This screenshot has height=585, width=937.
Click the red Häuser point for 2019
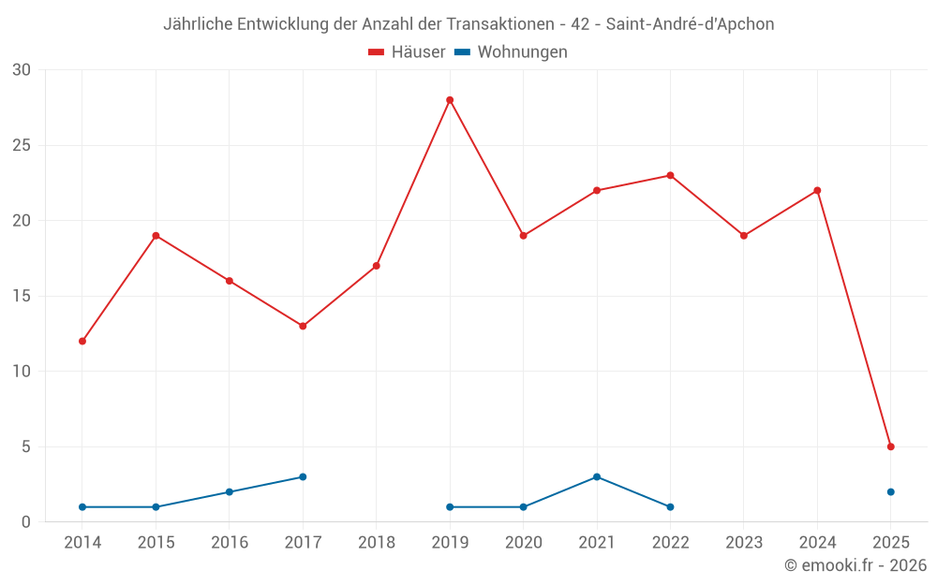click(450, 100)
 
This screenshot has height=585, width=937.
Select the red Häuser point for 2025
click(890, 446)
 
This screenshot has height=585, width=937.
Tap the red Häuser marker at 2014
click(82, 341)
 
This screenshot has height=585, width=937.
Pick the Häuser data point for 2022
click(670, 175)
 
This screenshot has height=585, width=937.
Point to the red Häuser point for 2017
click(303, 326)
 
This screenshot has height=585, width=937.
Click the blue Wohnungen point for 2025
click(890, 491)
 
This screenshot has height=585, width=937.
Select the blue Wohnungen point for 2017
click(303, 476)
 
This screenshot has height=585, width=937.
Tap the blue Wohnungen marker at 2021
click(597, 476)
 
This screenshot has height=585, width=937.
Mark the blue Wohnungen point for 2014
click(82, 506)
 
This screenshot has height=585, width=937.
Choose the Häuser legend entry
click(407, 52)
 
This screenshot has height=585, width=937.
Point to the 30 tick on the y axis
click(22, 70)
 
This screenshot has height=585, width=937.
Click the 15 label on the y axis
click(22, 296)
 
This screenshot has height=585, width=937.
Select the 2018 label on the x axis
click(377, 542)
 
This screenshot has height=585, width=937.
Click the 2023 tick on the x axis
click(744, 542)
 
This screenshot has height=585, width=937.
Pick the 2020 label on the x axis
click(523, 542)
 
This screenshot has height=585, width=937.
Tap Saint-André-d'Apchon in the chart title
click(691, 24)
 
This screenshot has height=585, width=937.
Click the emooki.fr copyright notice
click(855, 565)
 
